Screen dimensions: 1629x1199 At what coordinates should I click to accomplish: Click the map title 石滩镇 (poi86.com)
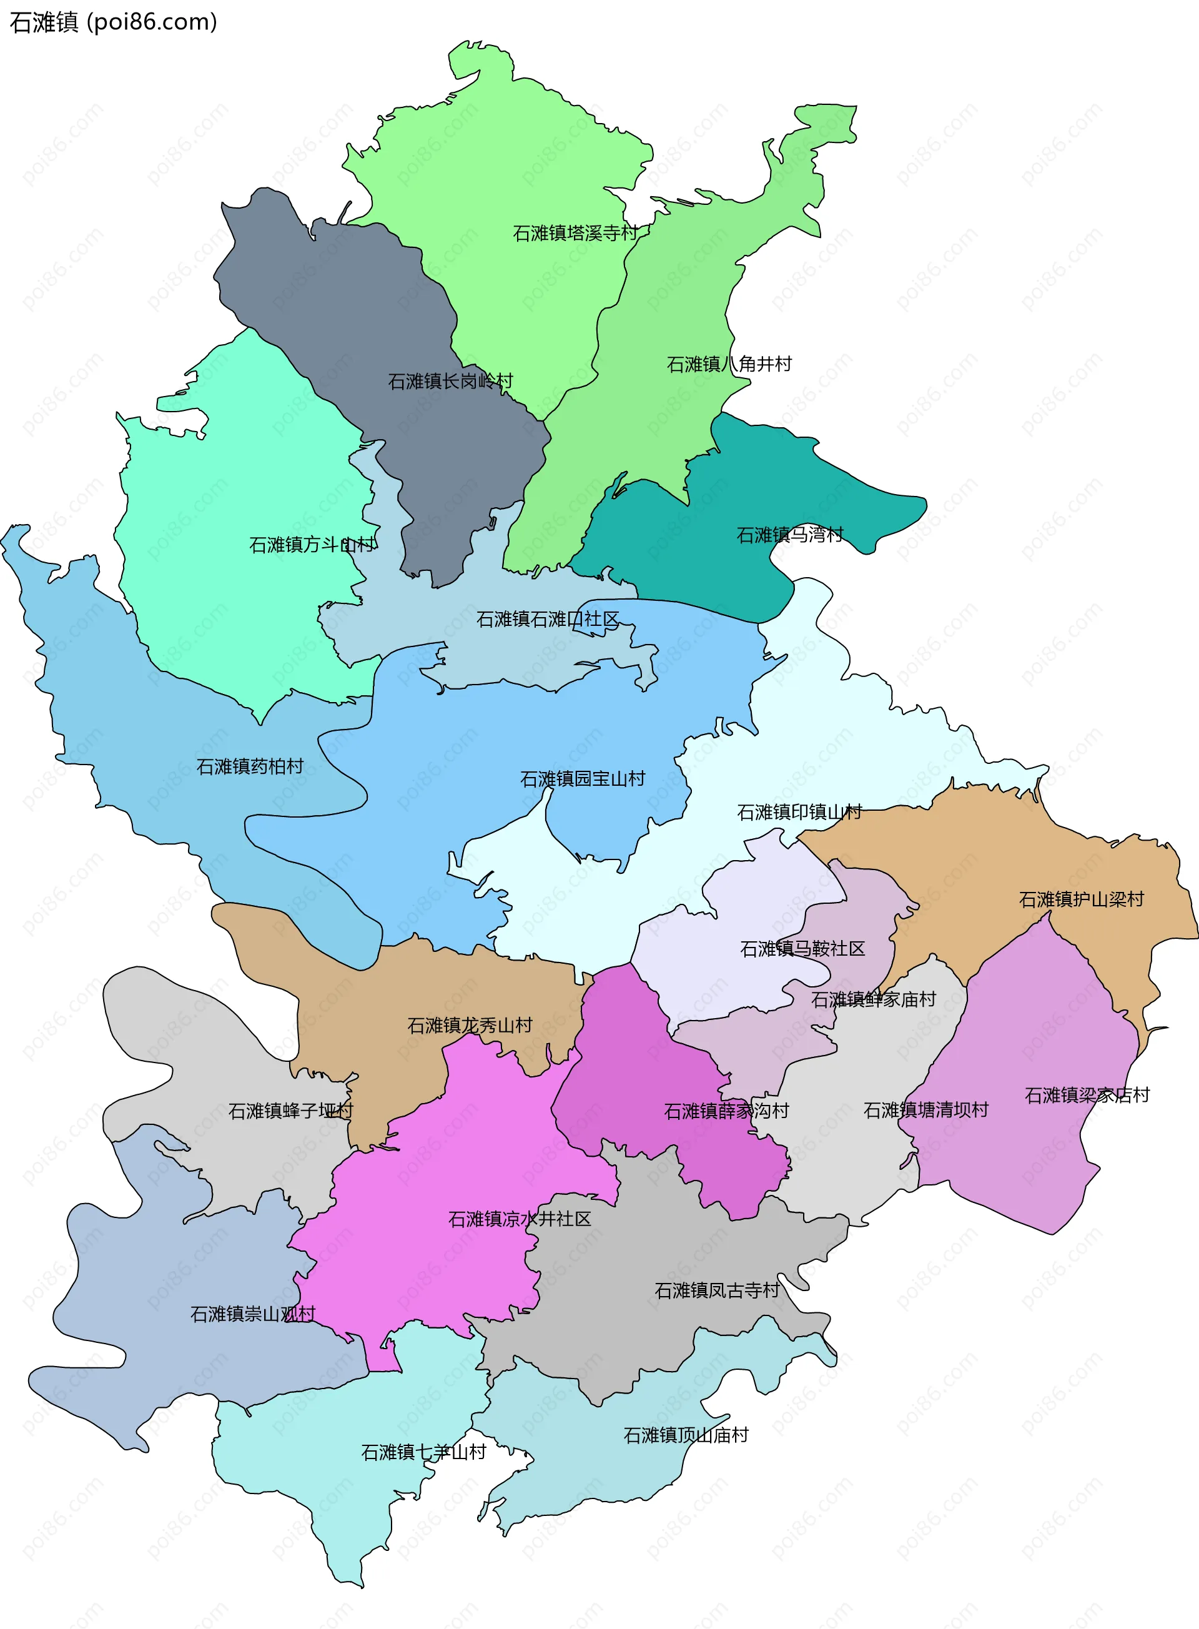113,22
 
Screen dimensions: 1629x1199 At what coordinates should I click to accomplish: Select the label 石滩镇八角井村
729,364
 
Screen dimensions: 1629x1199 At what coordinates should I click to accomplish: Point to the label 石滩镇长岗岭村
450,381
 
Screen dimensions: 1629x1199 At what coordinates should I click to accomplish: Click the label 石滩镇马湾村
790,535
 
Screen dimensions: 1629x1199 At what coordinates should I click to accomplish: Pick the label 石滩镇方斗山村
312,545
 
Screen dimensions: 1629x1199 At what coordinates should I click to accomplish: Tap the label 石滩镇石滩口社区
548,619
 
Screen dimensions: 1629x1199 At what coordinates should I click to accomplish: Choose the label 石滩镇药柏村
250,766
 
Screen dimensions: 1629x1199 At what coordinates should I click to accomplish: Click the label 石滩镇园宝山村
583,779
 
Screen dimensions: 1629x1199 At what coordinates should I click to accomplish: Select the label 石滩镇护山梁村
1082,899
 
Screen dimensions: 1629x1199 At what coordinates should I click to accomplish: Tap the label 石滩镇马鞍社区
802,949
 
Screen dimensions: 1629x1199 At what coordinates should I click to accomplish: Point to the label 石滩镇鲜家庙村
873,999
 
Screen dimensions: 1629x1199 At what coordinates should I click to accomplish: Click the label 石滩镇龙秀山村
470,1025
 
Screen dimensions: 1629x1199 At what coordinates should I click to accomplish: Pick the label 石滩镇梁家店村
1087,1095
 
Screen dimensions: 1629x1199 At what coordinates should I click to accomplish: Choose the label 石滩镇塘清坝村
925,1110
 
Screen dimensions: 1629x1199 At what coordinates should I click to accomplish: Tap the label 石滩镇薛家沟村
726,1111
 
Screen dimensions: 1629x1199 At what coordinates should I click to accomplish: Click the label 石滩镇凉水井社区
520,1219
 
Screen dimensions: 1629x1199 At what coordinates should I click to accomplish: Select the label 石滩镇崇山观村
252,1314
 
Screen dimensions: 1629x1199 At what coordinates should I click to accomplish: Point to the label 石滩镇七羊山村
423,1452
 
